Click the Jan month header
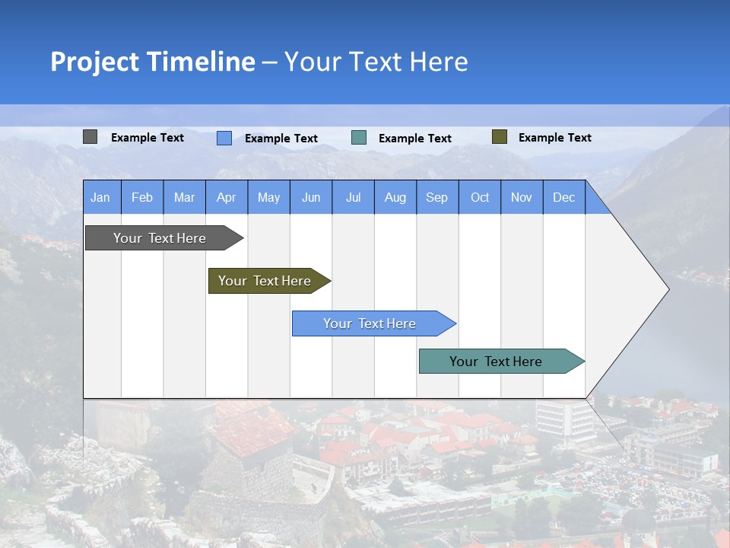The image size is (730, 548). [100, 198]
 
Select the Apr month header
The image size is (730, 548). [226, 198]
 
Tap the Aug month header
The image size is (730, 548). [395, 198]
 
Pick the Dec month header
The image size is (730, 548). [563, 198]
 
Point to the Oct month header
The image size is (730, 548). [480, 198]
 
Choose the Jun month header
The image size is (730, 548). [310, 198]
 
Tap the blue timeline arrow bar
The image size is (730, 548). [370, 323]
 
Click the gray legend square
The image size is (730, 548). [90, 137]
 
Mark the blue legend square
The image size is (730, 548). [224, 138]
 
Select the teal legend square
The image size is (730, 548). [359, 138]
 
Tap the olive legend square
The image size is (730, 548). [499, 137]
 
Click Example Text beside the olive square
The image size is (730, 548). [554, 138]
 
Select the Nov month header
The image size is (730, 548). [522, 198]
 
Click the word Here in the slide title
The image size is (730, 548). [439, 62]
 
